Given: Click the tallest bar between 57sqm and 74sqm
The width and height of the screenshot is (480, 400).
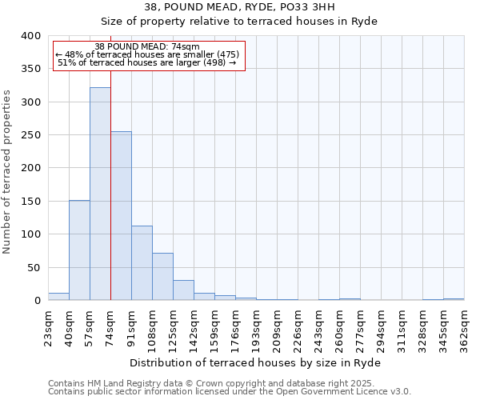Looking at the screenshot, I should pos(100,194).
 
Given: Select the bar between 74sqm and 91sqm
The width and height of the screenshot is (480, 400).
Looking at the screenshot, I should pos(121,216).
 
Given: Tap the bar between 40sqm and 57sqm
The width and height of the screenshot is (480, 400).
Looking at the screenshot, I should pos(79,250).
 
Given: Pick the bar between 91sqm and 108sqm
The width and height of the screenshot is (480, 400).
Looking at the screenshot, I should pos(142,263).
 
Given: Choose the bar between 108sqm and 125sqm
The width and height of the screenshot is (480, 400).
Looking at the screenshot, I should pos(162,277).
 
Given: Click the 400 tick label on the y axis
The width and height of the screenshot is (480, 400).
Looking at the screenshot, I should pos(30,36).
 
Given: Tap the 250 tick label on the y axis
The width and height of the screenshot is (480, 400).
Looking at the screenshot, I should pos(30,135).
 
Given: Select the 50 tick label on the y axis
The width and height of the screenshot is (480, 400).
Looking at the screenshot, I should pos(34,267).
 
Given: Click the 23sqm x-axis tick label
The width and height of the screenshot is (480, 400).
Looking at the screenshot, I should pos(49,326).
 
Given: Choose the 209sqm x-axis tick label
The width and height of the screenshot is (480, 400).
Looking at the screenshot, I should pos(278,328).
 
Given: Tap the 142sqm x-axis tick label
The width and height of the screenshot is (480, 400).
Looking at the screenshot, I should pos(194,328).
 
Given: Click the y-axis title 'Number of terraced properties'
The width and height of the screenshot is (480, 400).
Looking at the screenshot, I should pos(8,172).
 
